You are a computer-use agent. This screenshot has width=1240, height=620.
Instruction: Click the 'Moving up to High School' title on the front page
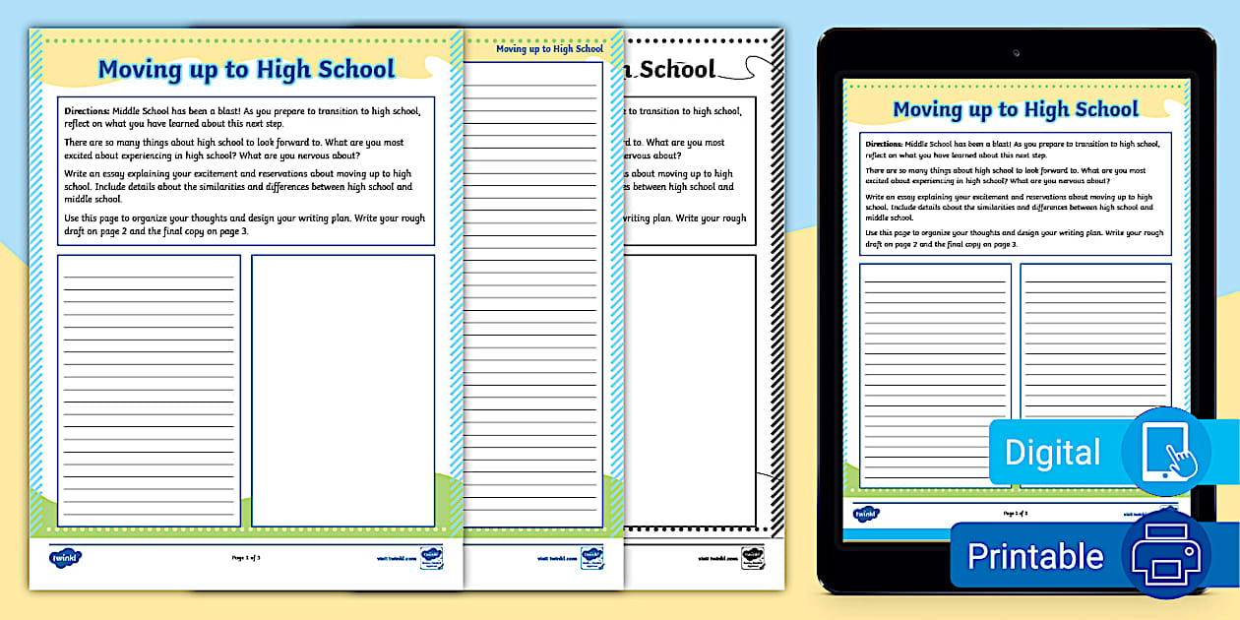coord(246,69)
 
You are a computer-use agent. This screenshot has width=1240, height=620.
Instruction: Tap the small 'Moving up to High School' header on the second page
coord(549,48)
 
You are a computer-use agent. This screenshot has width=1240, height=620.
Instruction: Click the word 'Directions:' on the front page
coord(87,110)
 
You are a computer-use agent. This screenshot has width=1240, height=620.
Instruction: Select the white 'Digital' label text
coord(1052,453)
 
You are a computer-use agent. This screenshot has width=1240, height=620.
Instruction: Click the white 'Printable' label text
coord(1034,556)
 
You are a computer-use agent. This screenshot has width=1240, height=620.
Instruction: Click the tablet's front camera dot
coord(1016,52)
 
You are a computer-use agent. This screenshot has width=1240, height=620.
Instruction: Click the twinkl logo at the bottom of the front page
coord(65,558)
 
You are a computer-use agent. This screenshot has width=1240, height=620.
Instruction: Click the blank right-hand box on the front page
coord(342,390)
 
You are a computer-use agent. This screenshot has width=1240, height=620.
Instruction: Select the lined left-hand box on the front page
coord(149,390)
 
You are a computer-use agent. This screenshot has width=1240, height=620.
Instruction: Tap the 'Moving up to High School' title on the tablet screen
coord(1015,108)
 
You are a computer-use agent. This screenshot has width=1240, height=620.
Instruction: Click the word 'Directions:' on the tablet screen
coord(883,144)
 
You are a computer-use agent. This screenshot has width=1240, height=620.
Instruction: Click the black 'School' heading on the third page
coord(677,69)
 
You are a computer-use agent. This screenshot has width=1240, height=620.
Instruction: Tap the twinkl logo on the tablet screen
coord(866,514)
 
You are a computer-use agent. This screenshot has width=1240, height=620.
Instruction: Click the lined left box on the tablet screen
coord(935,375)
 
